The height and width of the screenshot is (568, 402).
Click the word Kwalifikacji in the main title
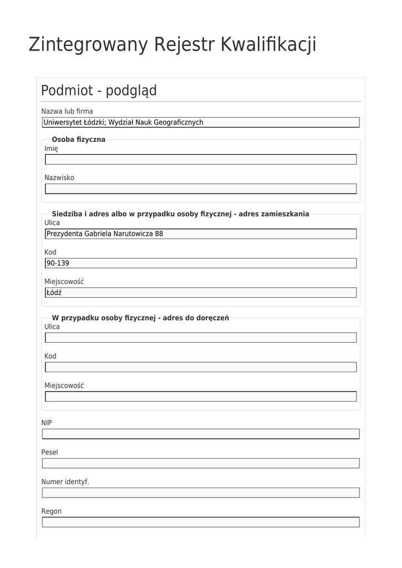coord(268,44)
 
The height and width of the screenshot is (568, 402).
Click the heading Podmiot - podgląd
coord(99,90)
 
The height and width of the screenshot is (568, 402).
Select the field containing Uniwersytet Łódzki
coord(200,123)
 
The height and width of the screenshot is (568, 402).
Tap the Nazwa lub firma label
coord(67,111)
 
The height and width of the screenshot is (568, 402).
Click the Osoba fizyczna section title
coord(78,139)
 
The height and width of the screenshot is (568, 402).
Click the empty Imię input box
coord(200,160)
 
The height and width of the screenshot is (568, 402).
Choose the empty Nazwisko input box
coord(200,189)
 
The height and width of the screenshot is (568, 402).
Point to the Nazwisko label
coord(59,178)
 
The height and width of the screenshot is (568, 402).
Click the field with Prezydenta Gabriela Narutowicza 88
coord(200,234)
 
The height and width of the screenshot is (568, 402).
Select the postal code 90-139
coord(58,263)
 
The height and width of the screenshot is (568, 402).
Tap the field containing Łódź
coord(200,292)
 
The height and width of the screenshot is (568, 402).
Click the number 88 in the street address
coord(159,234)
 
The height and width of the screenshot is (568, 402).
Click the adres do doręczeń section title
coord(140,318)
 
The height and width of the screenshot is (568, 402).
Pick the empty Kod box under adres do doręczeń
coord(200,367)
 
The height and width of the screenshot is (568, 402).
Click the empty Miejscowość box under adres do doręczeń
coord(200,396)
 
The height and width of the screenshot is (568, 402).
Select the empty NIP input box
coord(200,434)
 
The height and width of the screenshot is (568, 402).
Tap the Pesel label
coord(49,453)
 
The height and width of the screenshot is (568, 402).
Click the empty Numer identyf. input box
coord(200,493)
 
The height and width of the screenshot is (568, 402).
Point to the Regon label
coord(52,511)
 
